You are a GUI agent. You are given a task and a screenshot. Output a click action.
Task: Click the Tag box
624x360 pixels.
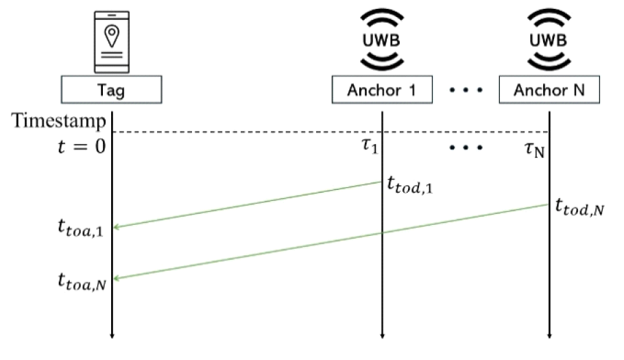coord(110,89)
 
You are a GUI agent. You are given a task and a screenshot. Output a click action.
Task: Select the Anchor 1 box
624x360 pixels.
coord(382,89)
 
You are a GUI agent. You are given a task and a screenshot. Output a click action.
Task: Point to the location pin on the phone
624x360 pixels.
coord(110,32)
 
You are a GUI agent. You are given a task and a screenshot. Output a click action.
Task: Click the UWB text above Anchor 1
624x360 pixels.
coord(382,40)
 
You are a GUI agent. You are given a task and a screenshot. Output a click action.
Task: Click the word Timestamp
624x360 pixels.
coord(59,121)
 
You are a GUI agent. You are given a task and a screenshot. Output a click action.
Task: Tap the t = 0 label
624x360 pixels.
coord(81,146)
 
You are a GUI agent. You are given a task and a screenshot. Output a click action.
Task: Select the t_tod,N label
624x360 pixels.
coord(580,207)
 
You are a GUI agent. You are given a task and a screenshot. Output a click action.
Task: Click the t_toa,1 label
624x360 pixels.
coord(80,229)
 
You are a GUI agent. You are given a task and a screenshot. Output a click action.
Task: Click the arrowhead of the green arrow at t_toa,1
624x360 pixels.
coord(116,227)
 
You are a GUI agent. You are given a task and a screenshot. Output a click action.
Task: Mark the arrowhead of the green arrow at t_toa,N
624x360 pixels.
coord(116,278)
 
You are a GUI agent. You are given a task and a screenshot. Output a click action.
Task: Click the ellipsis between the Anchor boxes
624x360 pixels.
coord(466,90)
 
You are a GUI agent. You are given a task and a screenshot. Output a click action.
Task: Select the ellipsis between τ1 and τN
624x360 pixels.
coord(466,147)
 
